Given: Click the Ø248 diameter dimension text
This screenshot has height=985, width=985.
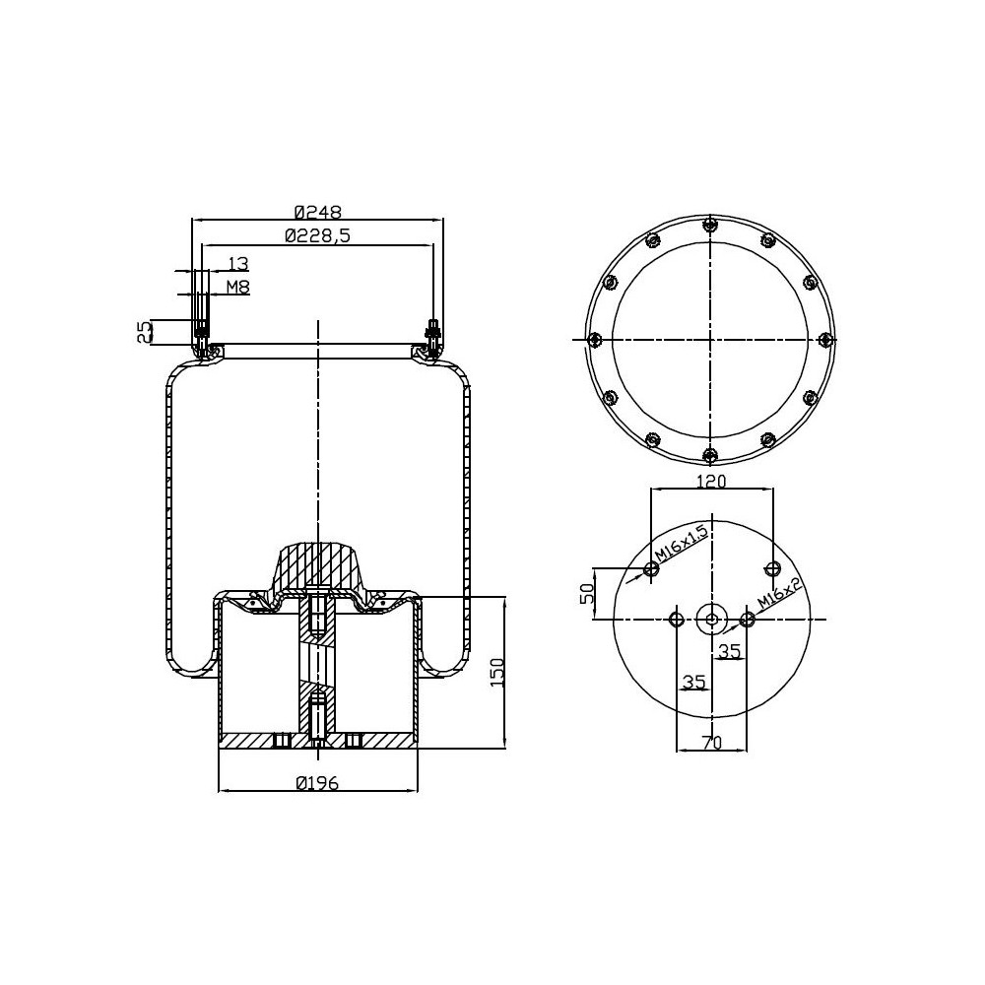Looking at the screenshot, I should (317, 211).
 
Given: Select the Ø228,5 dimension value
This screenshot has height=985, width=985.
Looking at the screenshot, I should (317, 234).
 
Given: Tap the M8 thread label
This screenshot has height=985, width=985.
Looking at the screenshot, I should (237, 287).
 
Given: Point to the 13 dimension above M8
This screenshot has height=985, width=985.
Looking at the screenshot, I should (237, 263).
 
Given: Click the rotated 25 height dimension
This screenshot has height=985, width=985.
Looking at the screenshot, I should (145, 331).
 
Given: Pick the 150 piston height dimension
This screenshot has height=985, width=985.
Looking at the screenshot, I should (496, 674).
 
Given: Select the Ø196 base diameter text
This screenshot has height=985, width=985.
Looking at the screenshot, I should (317, 783).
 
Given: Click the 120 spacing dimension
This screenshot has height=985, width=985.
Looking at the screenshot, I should (710, 482).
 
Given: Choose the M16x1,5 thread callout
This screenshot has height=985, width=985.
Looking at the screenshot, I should (680, 546).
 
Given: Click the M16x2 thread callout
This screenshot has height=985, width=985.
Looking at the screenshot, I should (781, 594).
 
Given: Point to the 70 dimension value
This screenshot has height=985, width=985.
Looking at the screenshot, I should (711, 744).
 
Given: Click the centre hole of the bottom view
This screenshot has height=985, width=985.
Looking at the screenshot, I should (710, 619).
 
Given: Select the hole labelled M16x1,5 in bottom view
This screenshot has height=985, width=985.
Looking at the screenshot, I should (651, 568).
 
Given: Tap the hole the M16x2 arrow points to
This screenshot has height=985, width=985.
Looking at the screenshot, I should (747, 619).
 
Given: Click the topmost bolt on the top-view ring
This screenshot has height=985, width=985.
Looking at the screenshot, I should (709, 225).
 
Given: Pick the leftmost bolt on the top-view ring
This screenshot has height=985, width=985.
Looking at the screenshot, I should (594, 340).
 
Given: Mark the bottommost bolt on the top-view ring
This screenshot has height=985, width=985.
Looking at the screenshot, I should (709, 454).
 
